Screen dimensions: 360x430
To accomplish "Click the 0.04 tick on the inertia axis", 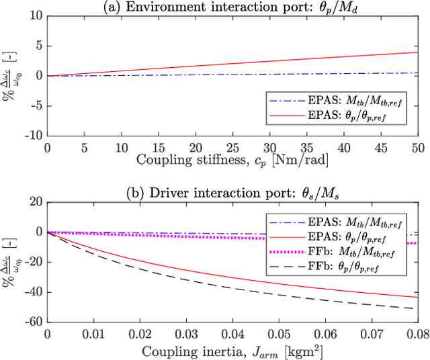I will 232,333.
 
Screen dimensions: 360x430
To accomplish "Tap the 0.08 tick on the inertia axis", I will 417,333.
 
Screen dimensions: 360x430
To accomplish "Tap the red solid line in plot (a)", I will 232,62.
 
